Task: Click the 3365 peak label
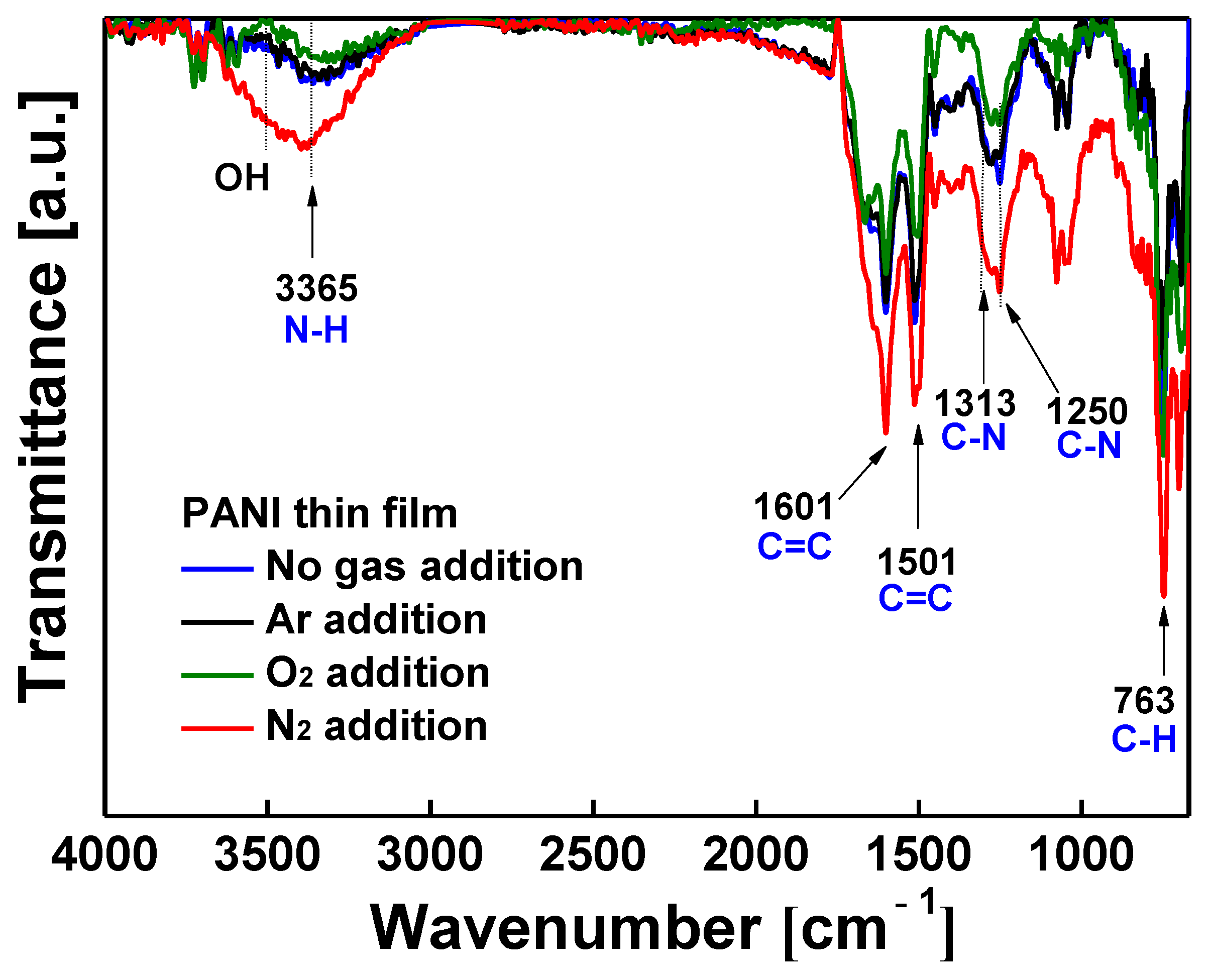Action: pos(316,288)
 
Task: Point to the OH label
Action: pos(242,178)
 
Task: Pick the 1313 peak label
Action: pos(975,403)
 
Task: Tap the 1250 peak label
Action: pos(1087,411)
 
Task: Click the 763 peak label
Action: pos(1144,701)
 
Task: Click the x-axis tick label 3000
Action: pos(429,854)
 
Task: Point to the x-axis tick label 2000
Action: pos(755,854)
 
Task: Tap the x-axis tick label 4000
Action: pos(104,854)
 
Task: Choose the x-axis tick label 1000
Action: pos(1080,854)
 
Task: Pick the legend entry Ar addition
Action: pos(376,620)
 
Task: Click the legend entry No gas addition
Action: pos(424,566)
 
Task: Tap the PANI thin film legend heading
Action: pos(319,513)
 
